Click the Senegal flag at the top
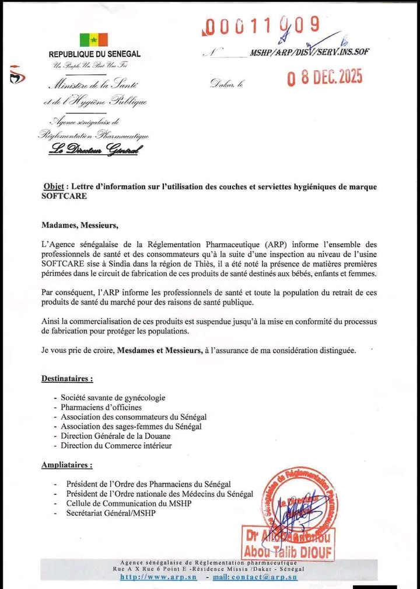(x=94, y=40)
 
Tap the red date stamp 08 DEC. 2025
(x=324, y=78)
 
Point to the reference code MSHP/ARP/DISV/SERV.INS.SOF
(x=309, y=52)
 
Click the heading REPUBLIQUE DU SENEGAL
(x=94, y=54)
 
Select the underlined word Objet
(x=54, y=186)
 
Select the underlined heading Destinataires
(x=67, y=378)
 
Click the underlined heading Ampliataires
(x=66, y=465)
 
